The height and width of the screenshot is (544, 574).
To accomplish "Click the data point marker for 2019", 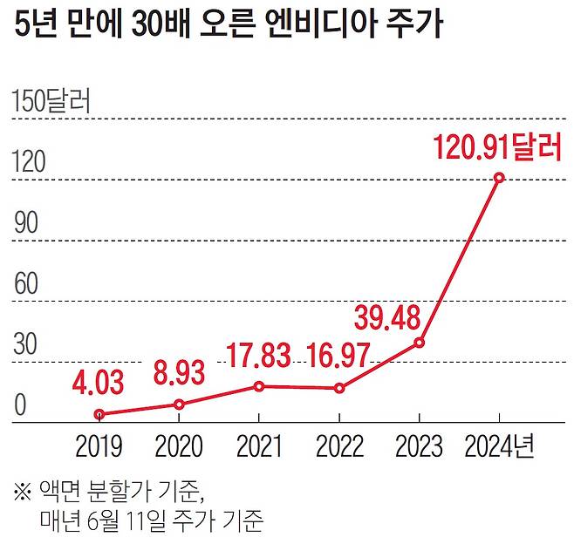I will [x=99, y=415].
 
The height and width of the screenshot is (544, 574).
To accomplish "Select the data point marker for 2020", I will [x=179, y=405].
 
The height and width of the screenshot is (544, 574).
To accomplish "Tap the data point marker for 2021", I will [x=259, y=385].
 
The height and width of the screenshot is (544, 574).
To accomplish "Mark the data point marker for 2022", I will [x=339, y=388].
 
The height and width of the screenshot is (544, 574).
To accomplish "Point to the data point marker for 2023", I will [x=420, y=343].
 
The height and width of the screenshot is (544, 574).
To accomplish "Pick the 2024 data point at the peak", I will [x=499, y=178].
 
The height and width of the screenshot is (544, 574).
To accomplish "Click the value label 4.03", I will [x=99, y=383].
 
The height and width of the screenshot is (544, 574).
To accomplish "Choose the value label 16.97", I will [x=340, y=356].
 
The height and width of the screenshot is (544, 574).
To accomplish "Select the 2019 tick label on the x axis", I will [x=99, y=447].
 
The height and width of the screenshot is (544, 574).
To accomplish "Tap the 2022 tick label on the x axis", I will [x=339, y=447].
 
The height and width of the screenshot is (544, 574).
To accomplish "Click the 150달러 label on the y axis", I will [x=51, y=102].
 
